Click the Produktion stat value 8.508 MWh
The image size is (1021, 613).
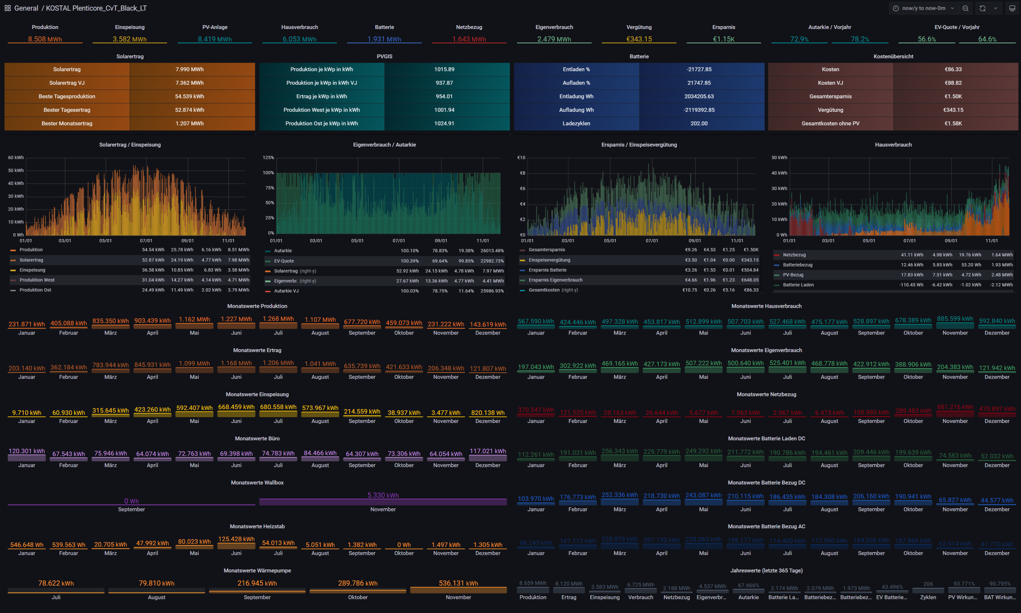coord(45,39)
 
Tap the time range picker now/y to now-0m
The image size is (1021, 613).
coord(923,8)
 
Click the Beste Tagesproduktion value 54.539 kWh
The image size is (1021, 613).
coord(189,96)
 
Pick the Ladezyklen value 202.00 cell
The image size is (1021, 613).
coord(699,123)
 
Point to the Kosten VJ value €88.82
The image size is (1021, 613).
coord(953,83)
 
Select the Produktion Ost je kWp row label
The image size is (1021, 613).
coord(322,123)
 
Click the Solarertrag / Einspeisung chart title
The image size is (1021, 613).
coord(130,144)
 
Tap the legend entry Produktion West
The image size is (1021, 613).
coord(37,280)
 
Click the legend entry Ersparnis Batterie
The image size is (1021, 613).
coord(547,270)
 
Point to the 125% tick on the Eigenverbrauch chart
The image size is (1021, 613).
coord(268,158)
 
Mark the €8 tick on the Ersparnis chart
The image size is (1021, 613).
coord(522,173)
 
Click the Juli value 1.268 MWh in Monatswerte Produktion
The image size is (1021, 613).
coord(278,319)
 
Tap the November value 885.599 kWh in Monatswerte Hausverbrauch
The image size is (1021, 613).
coord(955,319)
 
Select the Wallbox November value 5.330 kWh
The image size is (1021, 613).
coord(383,495)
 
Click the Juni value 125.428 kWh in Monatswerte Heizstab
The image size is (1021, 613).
coord(237,539)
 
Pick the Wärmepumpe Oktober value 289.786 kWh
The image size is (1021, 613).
coord(358,583)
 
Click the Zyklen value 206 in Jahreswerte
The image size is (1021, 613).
coord(928,584)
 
